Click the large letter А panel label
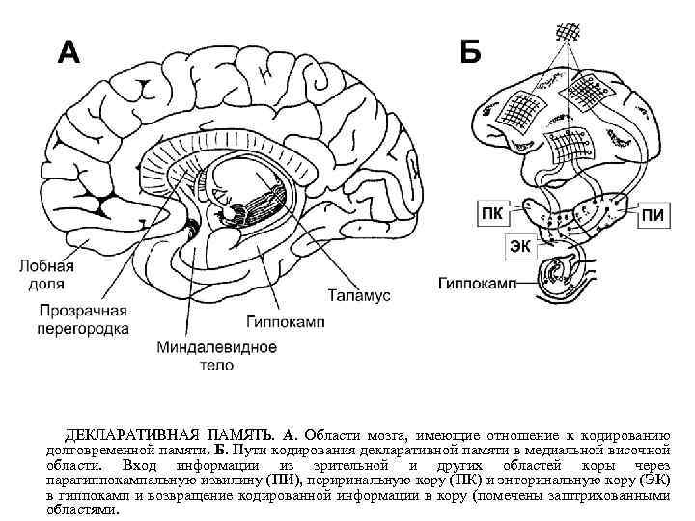(x=69, y=49)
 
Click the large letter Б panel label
(x=470, y=50)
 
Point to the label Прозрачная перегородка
(x=84, y=319)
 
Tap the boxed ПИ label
(x=652, y=214)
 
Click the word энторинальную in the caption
(x=559, y=480)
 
